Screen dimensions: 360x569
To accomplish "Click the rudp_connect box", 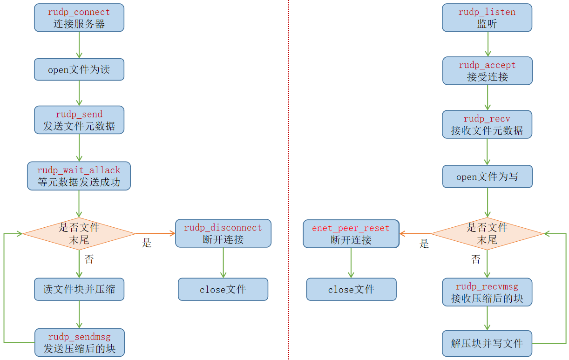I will pyautogui.click(x=79, y=18).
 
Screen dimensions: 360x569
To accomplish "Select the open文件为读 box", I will pyautogui.click(x=79, y=69).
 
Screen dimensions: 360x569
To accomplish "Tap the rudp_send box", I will pyautogui.click(x=79, y=120).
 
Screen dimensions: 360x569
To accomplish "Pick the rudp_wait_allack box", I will pyautogui.click(x=79, y=176).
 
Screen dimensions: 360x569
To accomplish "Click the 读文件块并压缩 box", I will pyautogui.click(x=79, y=289).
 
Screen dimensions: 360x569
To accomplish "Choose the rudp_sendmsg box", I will pyautogui.click(x=80, y=342).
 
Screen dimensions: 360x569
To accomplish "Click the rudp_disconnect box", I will pyautogui.click(x=223, y=233).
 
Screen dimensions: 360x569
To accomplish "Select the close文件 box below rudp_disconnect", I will pyautogui.click(x=223, y=289).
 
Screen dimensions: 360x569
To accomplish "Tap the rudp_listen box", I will pyautogui.click(x=487, y=18).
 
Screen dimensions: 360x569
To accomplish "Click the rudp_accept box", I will pyautogui.click(x=488, y=71).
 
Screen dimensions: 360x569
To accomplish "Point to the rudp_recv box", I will pyautogui.click(x=487, y=124).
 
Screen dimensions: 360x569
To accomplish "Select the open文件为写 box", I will pyautogui.click(x=488, y=177).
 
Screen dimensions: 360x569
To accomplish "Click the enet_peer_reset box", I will pyautogui.click(x=351, y=234).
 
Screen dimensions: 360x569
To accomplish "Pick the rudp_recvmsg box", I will pyautogui.click(x=487, y=292).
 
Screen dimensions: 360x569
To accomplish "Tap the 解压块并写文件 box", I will pyautogui.click(x=487, y=344).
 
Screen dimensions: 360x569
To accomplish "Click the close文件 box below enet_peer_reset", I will pyautogui.click(x=351, y=289).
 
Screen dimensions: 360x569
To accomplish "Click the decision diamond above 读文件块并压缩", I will pyautogui.click(x=79, y=233).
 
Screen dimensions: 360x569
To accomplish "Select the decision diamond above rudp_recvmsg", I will pyautogui.click(x=487, y=233).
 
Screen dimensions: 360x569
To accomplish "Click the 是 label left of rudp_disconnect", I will pyautogui.click(x=147, y=243).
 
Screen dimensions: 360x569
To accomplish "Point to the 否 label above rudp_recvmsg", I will pyautogui.click(x=475, y=259).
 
